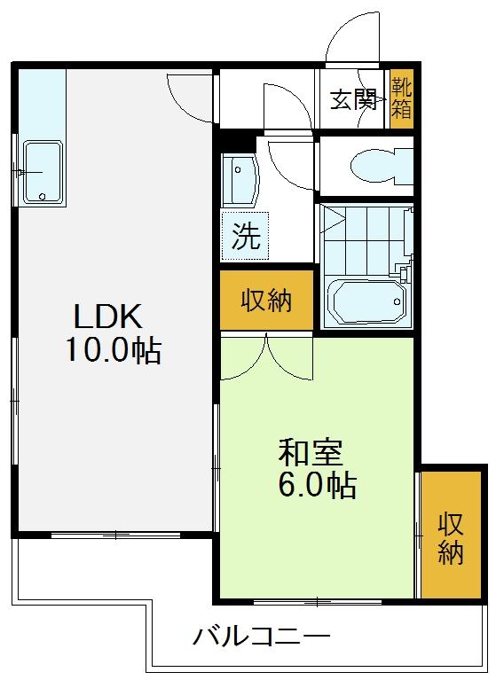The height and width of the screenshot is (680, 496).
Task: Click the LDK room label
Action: (108, 317)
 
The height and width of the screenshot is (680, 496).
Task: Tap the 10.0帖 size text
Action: (114, 350)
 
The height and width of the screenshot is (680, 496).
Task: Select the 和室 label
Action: (311, 452)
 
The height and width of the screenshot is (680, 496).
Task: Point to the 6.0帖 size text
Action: (318, 485)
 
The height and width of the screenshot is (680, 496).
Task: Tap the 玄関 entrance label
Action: (353, 100)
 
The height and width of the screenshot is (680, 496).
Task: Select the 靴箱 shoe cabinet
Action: (401, 99)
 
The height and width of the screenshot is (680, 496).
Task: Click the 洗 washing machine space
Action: (245, 236)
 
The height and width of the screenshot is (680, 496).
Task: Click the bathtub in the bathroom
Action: (367, 302)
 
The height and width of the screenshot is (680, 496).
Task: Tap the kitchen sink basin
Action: (43, 172)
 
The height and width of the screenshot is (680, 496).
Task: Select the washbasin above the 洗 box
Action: (240, 180)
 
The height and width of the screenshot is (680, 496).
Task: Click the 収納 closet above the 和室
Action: (266, 300)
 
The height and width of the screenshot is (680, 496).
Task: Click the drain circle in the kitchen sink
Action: (42, 197)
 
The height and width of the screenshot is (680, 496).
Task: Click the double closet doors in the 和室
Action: (266, 356)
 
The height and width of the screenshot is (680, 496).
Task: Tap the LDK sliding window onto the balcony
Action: (115, 535)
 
